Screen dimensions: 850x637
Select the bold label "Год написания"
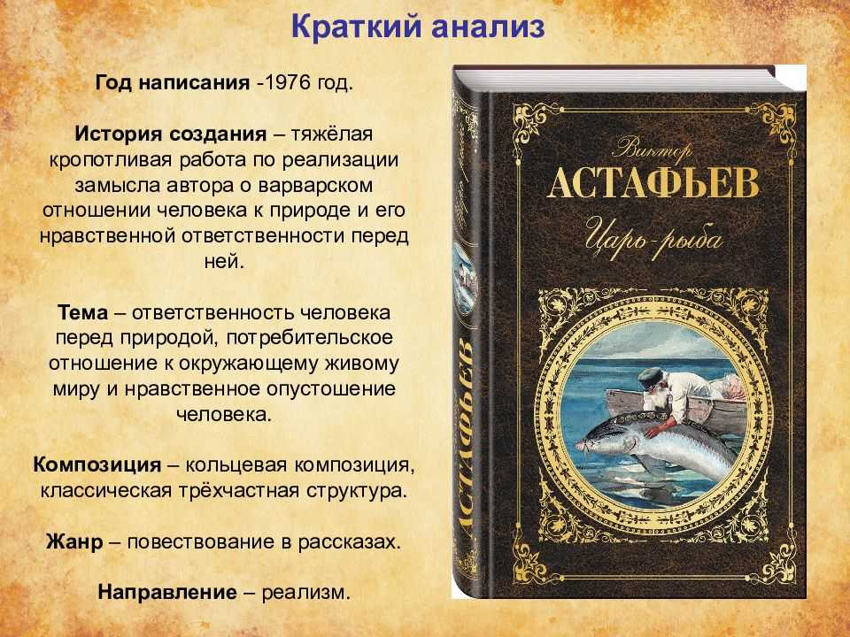(173, 83)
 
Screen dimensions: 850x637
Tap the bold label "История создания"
(171, 134)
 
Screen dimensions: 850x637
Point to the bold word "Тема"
(83, 312)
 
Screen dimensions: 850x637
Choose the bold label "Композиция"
(97, 465)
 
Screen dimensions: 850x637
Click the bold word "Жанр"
(74, 542)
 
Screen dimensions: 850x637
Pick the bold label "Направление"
(167, 592)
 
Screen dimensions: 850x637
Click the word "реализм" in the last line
(303, 593)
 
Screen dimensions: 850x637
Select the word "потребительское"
(310, 338)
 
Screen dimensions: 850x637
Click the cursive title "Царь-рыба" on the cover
(653, 237)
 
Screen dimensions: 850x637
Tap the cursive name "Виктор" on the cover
(654, 149)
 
